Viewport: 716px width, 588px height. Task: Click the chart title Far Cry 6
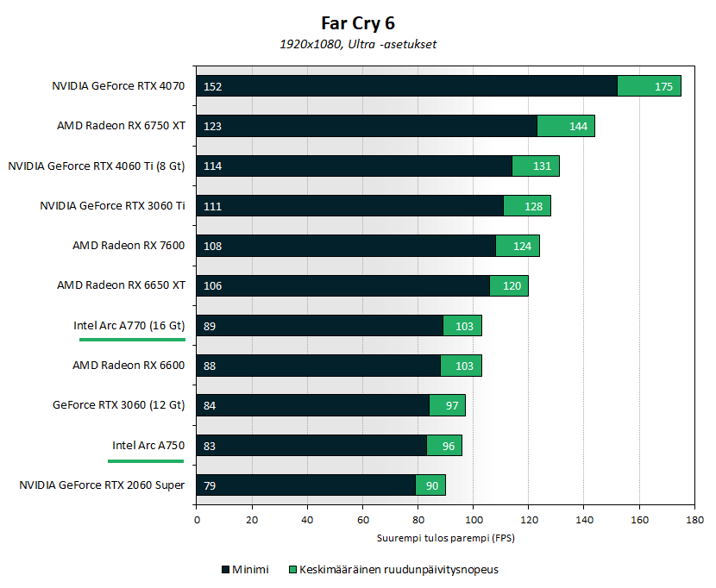tap(358, 23)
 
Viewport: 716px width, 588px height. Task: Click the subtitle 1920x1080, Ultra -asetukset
tap(358, 44)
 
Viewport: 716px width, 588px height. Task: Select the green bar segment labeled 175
tap(650, 86)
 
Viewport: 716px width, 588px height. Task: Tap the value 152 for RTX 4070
tap(212, 86)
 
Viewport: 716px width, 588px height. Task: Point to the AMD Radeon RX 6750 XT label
tap(121, 126)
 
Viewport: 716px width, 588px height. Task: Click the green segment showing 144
tap(566, 126)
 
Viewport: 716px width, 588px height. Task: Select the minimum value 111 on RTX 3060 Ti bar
tap(212, 206)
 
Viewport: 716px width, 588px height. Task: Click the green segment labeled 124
tap(518, 246)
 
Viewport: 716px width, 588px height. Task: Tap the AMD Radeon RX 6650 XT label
tap(121, 285)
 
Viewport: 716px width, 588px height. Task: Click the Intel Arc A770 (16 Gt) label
tap(129, 326)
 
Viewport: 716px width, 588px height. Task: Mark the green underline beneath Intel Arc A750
tap(145, 461)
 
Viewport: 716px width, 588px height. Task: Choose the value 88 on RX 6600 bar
tap(210, 366)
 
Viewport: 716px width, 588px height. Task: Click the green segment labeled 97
tap(448, 405)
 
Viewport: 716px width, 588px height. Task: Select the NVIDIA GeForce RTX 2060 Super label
tap(102, 485)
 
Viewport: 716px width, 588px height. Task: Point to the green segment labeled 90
tap(430, 485)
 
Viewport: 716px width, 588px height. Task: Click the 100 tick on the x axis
tap(473, 521)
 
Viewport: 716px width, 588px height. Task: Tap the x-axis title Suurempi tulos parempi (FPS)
tap(445, 538)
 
